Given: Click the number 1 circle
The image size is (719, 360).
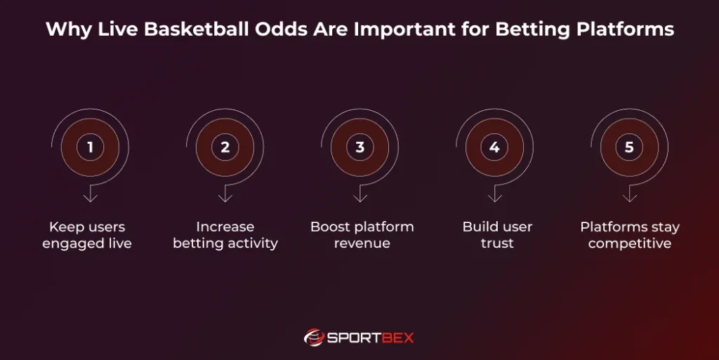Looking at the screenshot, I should (x=90, y=147).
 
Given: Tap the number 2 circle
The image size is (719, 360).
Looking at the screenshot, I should (x=225, y=147).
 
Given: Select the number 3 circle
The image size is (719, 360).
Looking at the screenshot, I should (x=359, y=147).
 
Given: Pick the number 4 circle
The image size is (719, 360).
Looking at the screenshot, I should (x=494, y=147).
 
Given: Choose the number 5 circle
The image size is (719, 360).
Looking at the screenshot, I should (x=629, y=147).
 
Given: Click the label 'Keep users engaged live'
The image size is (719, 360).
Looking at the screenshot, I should (x=87, y=235).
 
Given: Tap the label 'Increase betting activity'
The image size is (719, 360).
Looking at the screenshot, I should (x=225, y=235).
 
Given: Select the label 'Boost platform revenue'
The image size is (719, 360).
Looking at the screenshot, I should (x=362, y=235).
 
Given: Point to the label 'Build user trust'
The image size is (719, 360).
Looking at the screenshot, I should (x=497, y=235).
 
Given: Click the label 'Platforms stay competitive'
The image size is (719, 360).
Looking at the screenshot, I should (x=630, y=235).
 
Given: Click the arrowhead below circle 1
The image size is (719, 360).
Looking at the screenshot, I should (x=90, y=198).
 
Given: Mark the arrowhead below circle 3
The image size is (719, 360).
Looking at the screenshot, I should (x=359, y=198).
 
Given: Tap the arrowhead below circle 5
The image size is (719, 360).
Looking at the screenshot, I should (x=629, y=198).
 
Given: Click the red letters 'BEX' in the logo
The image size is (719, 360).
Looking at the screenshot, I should (x=396, y=338).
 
